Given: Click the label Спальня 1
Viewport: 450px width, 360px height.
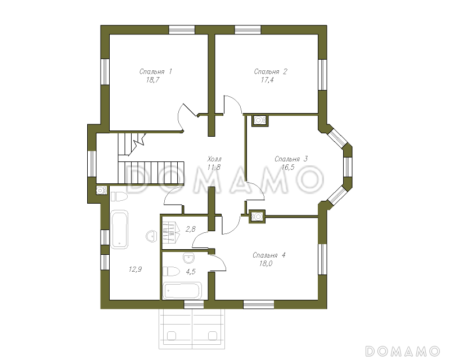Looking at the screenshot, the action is point(156,71).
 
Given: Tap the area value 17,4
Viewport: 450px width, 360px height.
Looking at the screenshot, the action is point(267,80).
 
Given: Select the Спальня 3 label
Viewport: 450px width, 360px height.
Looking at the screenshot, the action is point(291,159).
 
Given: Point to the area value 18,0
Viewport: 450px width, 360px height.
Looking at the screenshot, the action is point(265,264).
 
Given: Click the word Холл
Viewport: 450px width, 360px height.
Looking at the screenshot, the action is point(214,159).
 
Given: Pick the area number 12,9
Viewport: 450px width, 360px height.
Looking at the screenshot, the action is point(135,269).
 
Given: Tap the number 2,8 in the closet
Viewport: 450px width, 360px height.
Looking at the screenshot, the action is point(191,229).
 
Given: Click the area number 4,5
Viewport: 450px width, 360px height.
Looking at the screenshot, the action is point(191,272).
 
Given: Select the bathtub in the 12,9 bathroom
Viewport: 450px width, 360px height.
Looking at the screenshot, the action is point(119,229).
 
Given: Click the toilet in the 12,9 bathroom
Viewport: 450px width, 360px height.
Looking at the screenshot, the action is point(119,197).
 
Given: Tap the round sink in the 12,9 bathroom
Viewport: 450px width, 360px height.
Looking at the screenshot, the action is point(151,236).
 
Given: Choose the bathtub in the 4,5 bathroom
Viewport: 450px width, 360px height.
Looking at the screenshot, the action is point(182,290).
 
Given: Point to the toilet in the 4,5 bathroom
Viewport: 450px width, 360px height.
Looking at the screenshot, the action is point(171,271).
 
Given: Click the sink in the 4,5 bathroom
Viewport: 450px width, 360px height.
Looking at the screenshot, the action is point(188,258).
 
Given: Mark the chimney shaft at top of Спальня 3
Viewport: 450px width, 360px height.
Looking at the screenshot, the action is point(260,120).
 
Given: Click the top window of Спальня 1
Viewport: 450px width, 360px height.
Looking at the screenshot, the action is point(182,30).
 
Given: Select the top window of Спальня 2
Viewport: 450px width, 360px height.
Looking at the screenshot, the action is point(248,30).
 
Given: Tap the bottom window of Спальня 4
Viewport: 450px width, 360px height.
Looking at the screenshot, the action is point(259,304).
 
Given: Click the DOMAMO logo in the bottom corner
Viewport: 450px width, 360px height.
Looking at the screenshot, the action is point(403,351).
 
